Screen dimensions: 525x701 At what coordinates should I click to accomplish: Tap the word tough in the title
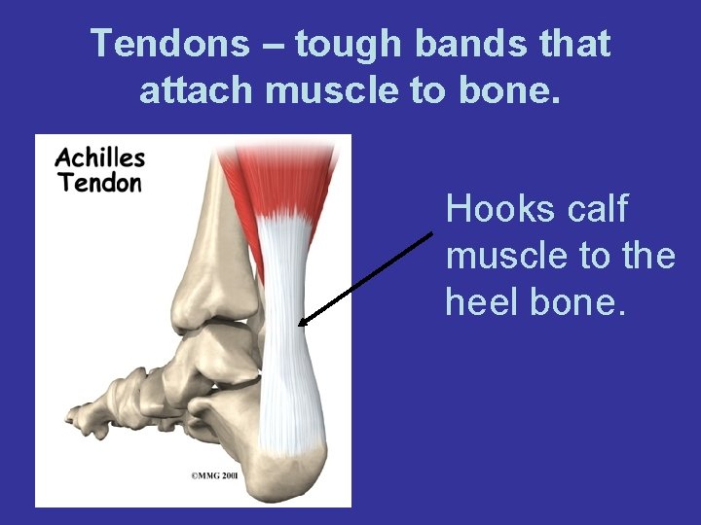point(348,44)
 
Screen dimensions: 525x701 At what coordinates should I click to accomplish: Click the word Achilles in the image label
point(100,158)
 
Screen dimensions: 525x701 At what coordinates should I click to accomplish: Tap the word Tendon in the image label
point(100,182)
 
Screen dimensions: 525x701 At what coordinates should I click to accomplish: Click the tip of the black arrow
point(300,325)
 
